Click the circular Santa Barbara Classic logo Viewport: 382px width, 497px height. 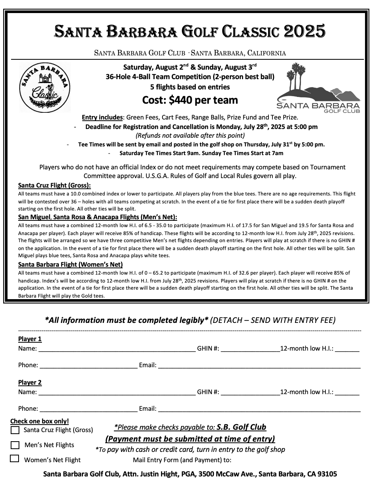(x=45, y=87)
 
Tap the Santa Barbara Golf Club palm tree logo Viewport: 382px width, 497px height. (x=318, y=88)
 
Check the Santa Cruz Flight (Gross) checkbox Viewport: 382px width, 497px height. (x=15, y=430)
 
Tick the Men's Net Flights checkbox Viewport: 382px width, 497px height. (x=15, y=445)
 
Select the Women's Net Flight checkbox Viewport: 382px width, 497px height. (x=15, y=459)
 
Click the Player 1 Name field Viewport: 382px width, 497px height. (x=117, y=348)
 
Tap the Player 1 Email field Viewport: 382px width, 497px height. (x=259, y=364)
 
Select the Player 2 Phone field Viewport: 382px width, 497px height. (x=88, y=408)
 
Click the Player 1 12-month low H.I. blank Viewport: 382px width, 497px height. (x=347, y=348)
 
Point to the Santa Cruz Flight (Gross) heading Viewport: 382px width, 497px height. (x=55, y=186)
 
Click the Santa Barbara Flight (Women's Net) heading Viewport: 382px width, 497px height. (x=70, y=265)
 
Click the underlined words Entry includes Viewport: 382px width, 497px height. (x=102, y=117)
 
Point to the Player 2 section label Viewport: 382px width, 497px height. (x=30, y=382)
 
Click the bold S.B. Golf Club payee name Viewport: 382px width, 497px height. (x=241, y=427)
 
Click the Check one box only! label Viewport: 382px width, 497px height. (x=40, y=421)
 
